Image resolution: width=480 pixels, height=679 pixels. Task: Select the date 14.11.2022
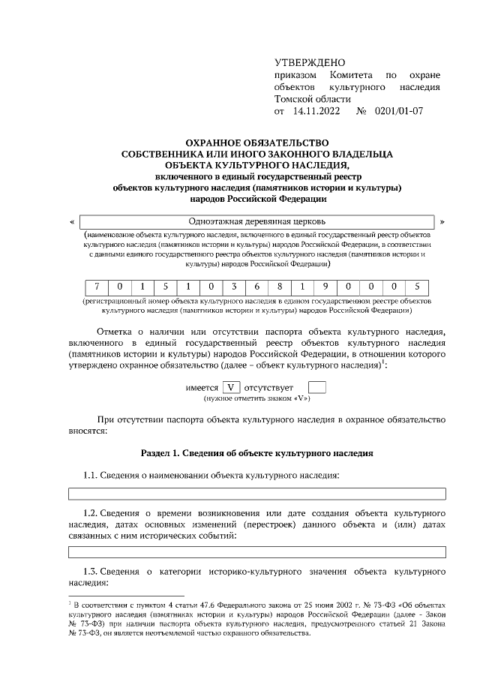[315, 111]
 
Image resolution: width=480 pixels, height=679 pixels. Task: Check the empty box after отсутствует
[317, 387]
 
